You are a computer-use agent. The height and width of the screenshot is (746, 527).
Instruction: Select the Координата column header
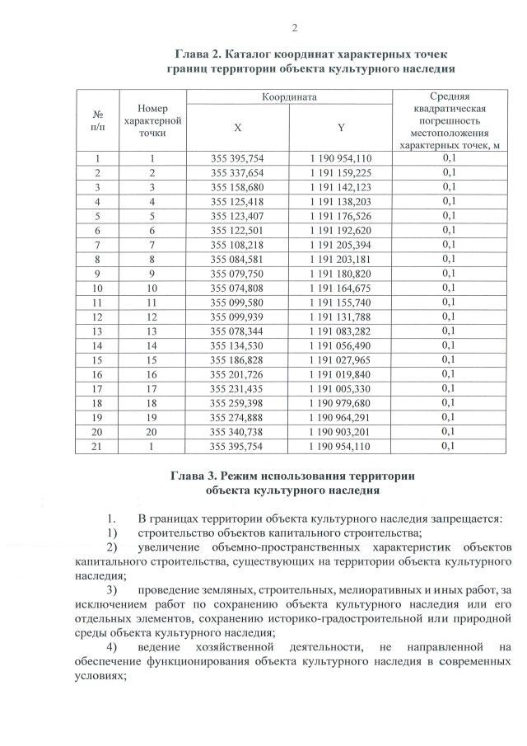coord(289,97)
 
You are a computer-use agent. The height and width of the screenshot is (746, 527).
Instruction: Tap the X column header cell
coord(238,128)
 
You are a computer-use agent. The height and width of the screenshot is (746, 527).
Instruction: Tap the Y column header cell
coord(340,128)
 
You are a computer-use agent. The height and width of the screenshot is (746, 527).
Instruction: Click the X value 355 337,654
coord(238,172)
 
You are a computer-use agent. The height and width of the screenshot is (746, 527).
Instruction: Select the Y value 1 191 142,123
coord(341,186)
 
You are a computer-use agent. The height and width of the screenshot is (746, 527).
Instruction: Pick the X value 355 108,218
coord(238,246)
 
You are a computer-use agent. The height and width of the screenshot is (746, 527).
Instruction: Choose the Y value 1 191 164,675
coord(341,289)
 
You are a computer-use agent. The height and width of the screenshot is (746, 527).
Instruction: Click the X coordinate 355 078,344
coord(238,331)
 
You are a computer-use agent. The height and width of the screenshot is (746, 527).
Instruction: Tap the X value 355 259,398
coord(238,403)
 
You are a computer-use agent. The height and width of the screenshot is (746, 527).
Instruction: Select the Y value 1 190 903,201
coord(341,431)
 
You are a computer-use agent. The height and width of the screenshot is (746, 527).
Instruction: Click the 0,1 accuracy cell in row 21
coord(449,446)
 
